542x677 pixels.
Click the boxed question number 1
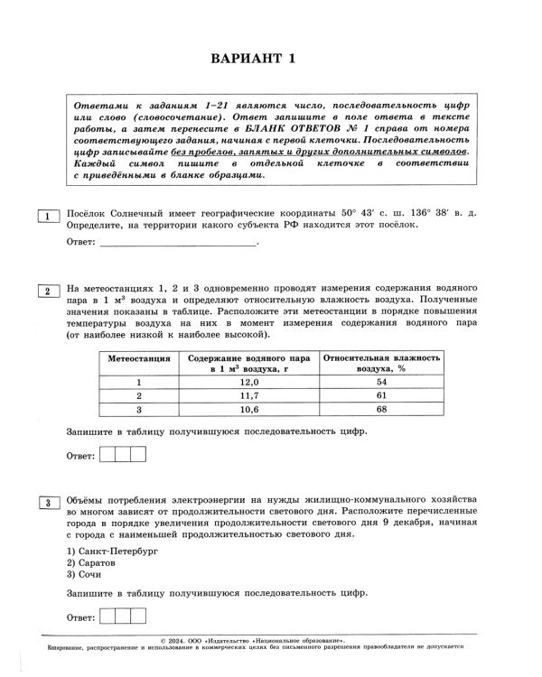point(44,214)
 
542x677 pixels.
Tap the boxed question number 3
point(44,502)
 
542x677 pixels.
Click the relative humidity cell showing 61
point(381,395)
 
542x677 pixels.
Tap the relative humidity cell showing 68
point(381,409)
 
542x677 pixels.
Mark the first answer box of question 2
point(107,455)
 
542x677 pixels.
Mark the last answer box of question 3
point(138,617)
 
